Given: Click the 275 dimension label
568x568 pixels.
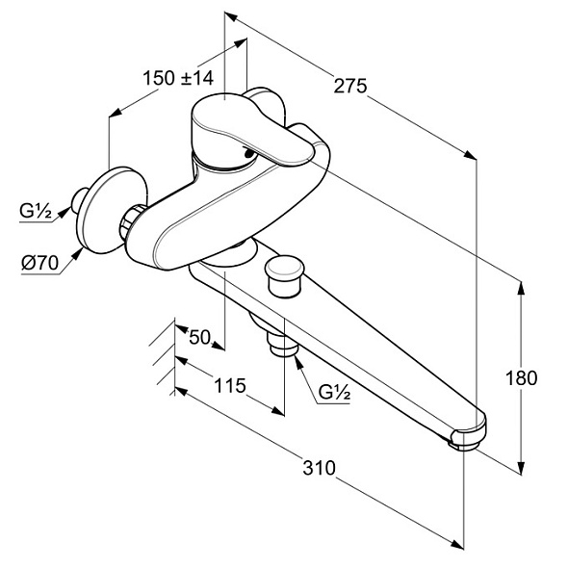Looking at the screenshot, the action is pyautogui.click(x=349, y=86).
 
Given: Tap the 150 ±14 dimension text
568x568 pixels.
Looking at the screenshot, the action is pyautogui.click(x=178, y=78).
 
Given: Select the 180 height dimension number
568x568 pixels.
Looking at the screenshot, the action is pyautogui.click(x=521, y=378).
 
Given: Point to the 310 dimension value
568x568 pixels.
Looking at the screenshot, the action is pyautogui.click(x=319, y=468).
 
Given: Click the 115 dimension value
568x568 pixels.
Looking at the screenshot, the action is pyautogui.click(x=230, y=385).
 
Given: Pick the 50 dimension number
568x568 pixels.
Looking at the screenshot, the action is pyautogui.click(x=199, y=338).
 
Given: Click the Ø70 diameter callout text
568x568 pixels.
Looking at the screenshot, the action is pyautogui.click(x=39, y=263).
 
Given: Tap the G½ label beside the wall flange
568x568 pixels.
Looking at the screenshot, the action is pyautogui.click(x=36, y=211).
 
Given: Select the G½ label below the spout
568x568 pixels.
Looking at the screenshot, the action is pyautogui.click(x=334, y=392).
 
